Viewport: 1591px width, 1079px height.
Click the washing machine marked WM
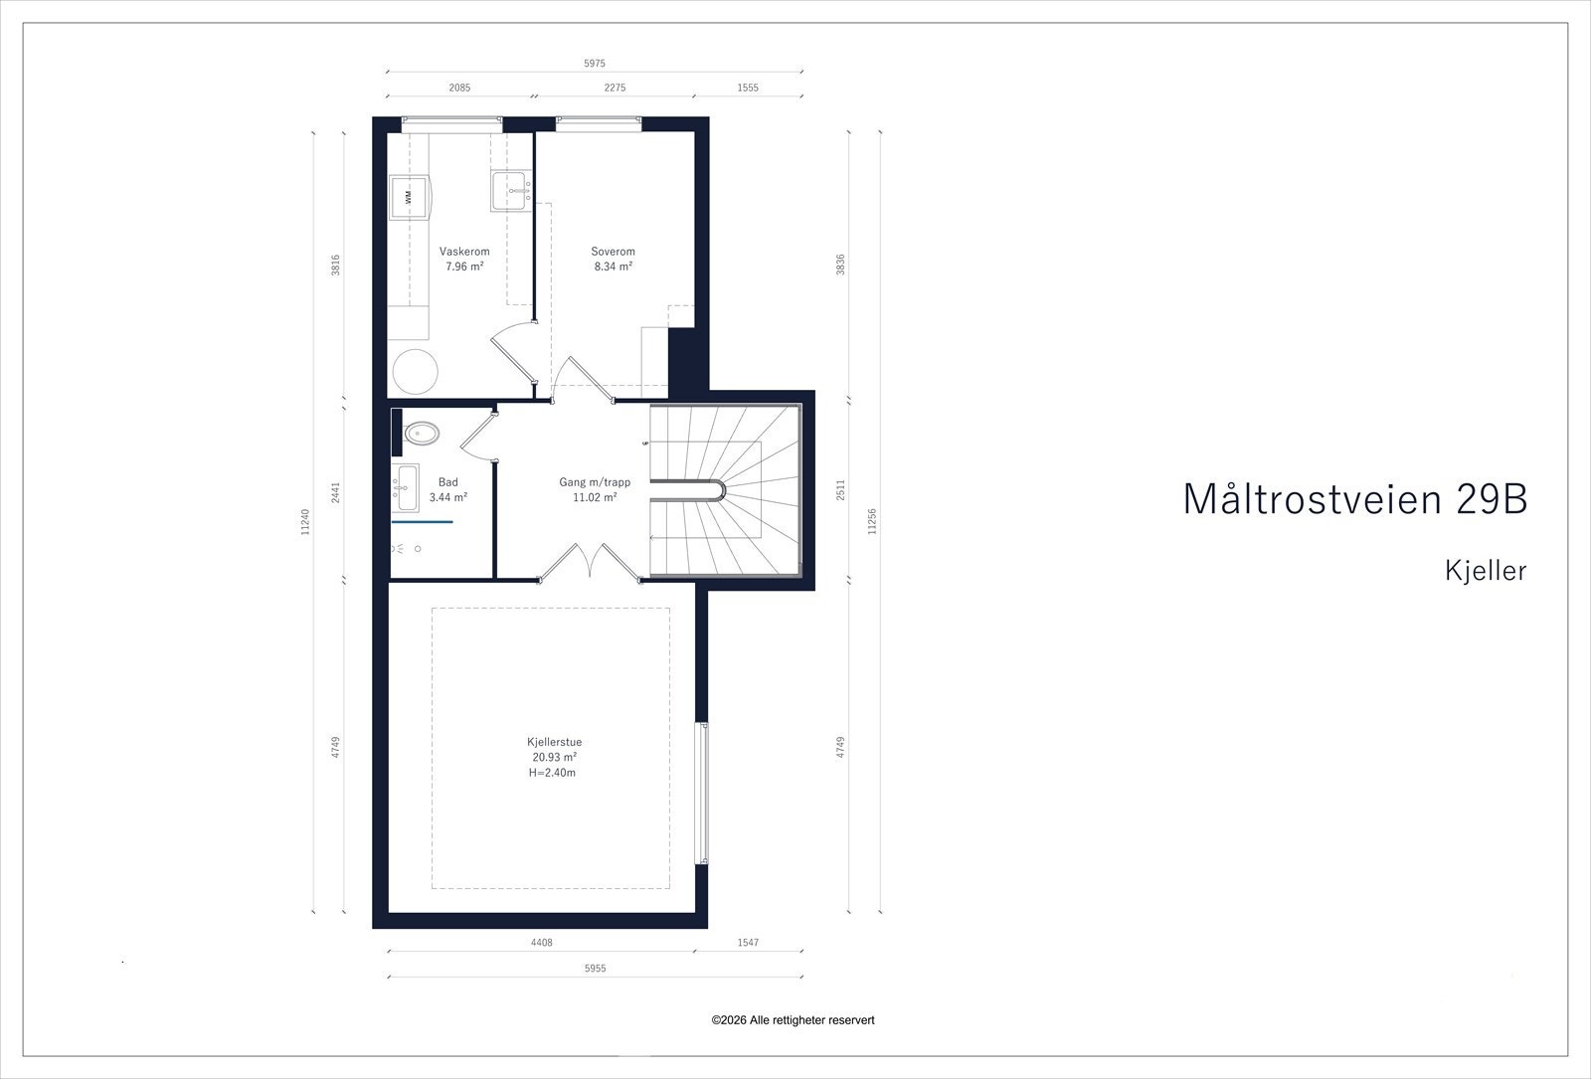[x=408, y=198]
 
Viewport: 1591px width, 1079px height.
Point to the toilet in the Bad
[x=422, y=433]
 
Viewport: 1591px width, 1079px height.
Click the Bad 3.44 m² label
[x=447, y=489]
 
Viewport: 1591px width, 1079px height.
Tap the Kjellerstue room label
[x=554, y=742]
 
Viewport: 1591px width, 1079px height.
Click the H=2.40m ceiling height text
[x=553, y=773]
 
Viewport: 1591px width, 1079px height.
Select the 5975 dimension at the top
[x=595, y=64]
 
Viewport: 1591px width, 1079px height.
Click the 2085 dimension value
[x=459, y=88]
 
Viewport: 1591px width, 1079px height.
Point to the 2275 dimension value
[x=615, y=88]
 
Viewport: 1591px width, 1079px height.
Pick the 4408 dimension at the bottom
[x=541, y=943]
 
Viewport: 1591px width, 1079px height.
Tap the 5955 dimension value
[x=595, y=968]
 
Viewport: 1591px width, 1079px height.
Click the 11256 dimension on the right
[x=872, y=522]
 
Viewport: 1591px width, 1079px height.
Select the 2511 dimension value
[x=841, y=490]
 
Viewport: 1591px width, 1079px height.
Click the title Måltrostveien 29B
[x=1354, y=499]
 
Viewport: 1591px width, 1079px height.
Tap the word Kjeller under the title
[x=1486, y=571]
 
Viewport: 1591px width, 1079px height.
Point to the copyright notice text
[x=793, y=1020]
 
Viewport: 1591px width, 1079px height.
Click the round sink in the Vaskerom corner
[x=415, y=372]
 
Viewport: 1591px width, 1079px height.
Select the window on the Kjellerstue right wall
[x=703, y=793]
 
